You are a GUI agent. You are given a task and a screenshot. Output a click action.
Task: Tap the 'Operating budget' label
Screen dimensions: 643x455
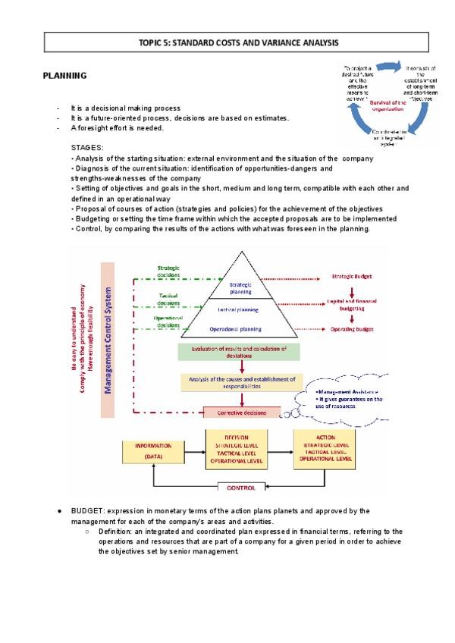pos(352,330)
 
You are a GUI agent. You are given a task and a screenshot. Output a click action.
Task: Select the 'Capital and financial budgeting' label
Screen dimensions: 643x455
pos(353,305)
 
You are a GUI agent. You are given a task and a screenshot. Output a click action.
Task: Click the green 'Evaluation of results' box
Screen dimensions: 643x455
pos(240,351)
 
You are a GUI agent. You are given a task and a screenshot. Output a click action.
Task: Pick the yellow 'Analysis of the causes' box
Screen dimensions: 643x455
pos(242,382)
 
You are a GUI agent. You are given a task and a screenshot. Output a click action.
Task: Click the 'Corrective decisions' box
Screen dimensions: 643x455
pos(242,412)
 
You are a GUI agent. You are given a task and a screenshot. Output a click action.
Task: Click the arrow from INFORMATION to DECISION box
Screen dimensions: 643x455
pos(194,448)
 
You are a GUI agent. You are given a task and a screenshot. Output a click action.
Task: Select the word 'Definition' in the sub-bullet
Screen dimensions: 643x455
pos(115,532)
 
